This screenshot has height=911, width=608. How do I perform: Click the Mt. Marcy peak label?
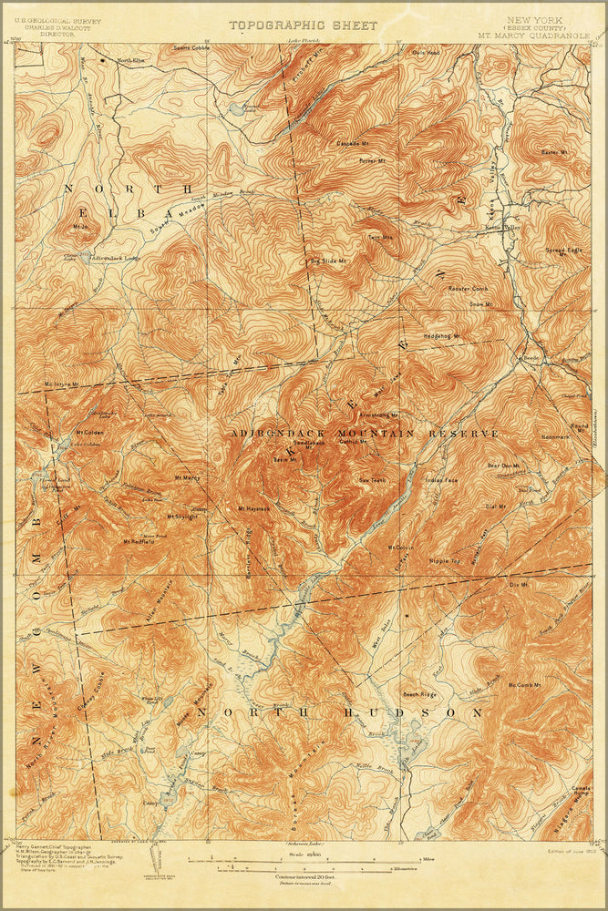tap(187, 477)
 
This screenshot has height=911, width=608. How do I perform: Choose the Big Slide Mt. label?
tap(328, 261)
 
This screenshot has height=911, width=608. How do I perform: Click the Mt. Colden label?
tap(88, 433)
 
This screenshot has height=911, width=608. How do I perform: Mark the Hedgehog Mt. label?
tap(443, 336)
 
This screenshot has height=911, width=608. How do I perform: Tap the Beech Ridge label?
tap(421, 693)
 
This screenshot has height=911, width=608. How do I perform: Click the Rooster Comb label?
tap(469, 289)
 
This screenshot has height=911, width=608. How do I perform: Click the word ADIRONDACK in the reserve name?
tap(273, 434)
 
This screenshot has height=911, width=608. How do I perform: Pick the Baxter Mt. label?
tap(553, 152)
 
